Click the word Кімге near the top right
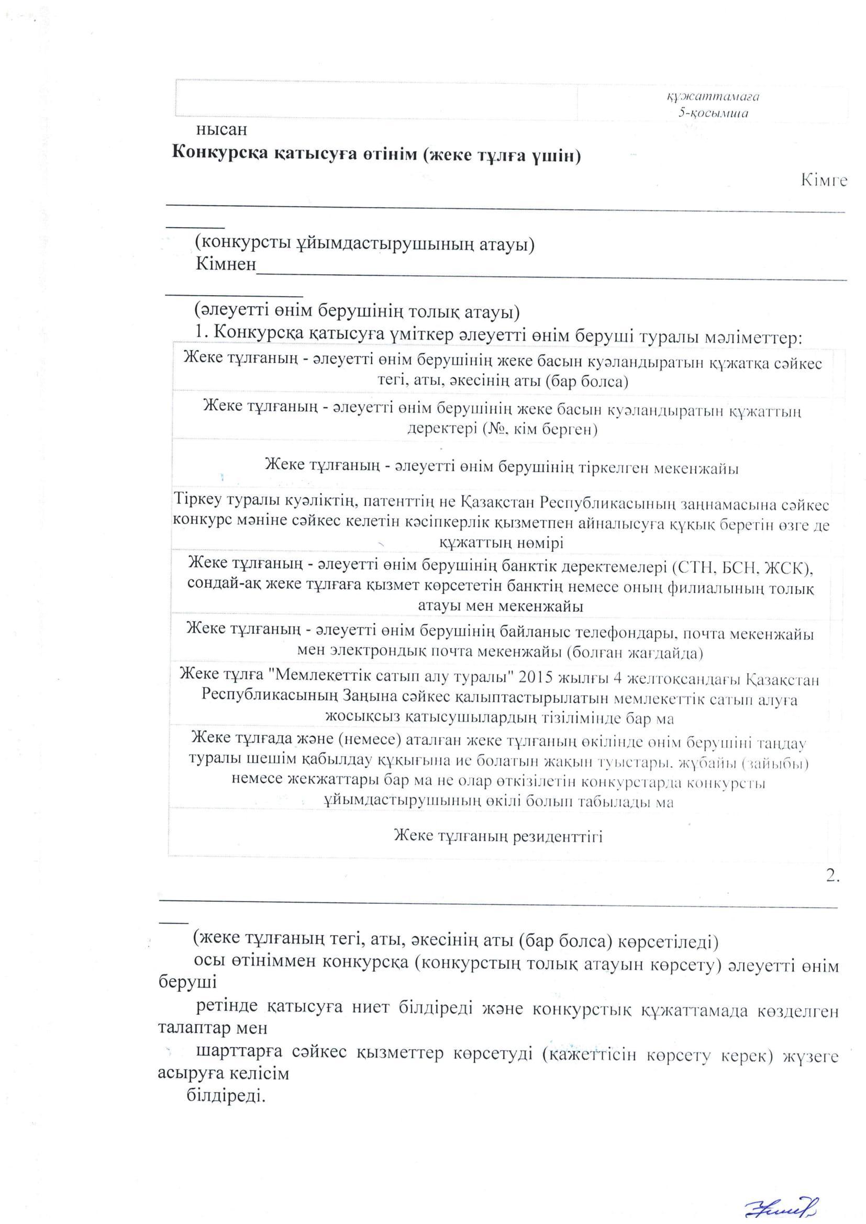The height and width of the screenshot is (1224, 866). click(x=824, y=180)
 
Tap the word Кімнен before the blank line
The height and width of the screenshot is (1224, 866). click(x=226, y=264)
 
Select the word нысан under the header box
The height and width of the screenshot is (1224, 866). click(x=221, y=129)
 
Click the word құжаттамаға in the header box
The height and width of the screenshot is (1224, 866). click(x=713, y=97)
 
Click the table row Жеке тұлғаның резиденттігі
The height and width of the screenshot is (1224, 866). click(x=498, y=836)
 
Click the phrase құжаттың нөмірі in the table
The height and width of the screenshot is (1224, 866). click(x=501, y=543)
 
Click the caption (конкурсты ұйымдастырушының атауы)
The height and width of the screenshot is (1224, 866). click(x=365, y=244)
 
